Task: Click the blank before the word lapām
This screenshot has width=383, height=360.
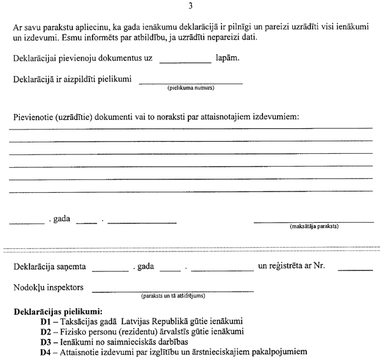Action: [x=184, y=61]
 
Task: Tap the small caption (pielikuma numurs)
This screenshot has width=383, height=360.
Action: [x=191, y=87]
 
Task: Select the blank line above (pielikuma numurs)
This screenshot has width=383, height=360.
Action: [x=191, y=82]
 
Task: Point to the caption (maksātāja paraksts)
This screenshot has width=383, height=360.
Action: [x=313, y=226]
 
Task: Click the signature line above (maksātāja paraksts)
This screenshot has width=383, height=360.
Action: [x=313, y=221]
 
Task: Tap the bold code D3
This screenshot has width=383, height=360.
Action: [x=45, y=341]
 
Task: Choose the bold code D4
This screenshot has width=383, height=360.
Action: [x=45, y=352]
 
